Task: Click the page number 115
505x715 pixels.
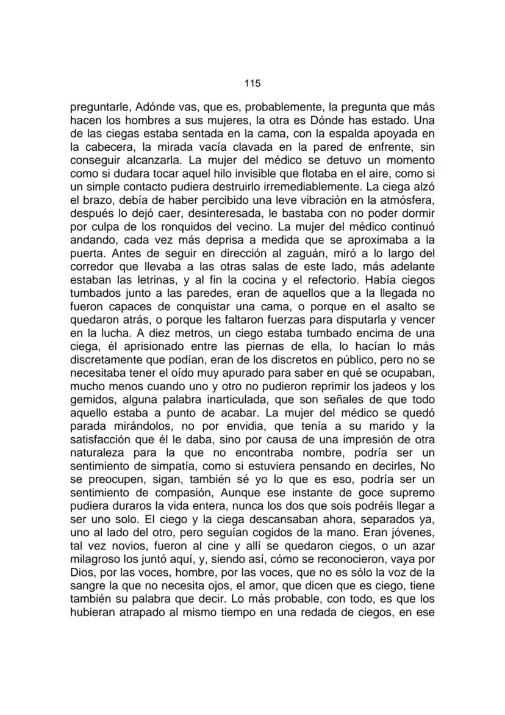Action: pyautogui.click(x=252, y=82)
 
